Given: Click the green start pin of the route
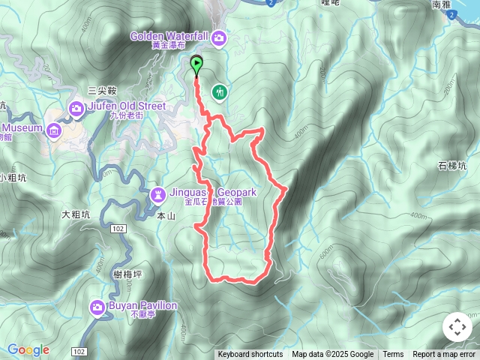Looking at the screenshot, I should (x=197, y=65).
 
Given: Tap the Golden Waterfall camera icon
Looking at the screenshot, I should (x=219, y=37).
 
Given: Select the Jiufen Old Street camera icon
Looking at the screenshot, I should (x=76, y=110).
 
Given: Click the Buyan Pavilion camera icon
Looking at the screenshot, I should (x=97, y=307).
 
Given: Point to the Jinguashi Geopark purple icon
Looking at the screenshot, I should (x=159, y=195).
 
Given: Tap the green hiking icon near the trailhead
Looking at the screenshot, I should (x=220, y=91).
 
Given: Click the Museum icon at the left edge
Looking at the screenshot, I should (x=53, y=132).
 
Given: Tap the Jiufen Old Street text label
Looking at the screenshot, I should (x=127, y=106).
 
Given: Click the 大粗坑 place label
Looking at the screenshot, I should (x=76, y=214).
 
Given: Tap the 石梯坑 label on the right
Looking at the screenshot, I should (x=452, y=166).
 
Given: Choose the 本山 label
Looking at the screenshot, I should (x=166, y=215).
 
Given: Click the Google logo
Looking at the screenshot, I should (x=28, y=349).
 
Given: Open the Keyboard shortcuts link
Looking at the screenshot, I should (x=250, y=355).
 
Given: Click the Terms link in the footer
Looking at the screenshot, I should (x=393, y=355).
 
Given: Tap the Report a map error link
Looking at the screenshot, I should (x=445, y=355).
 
